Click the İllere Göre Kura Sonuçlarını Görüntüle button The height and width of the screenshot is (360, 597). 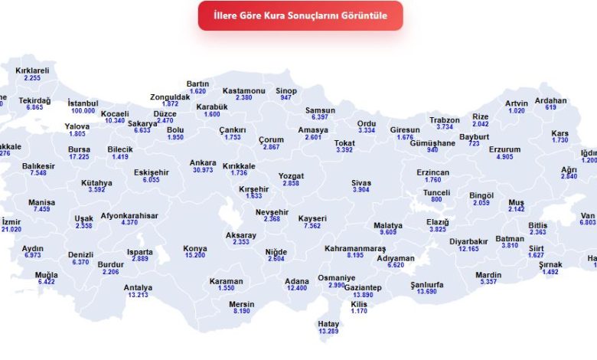pos(300,15)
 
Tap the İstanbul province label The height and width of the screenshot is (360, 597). pos(83,103)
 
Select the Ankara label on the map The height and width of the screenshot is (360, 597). pos(203,162)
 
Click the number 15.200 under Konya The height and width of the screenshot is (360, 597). pos(194,255)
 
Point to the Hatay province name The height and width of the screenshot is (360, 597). pos(328,324)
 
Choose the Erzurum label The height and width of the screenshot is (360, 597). pos(504,149)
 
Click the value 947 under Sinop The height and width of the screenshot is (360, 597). pos(285,98)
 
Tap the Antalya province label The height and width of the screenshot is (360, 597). pos(138,288)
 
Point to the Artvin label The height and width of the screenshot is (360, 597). pos(517,103)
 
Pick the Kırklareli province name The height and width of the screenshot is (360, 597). pos(32,70)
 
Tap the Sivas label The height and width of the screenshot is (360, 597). pos(361,183)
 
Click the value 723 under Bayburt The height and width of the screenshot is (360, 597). pos(474,144)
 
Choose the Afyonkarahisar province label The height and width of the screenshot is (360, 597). pos(129,216)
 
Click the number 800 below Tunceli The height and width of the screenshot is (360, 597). pos(436,199)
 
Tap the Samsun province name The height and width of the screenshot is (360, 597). pos(320,110)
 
